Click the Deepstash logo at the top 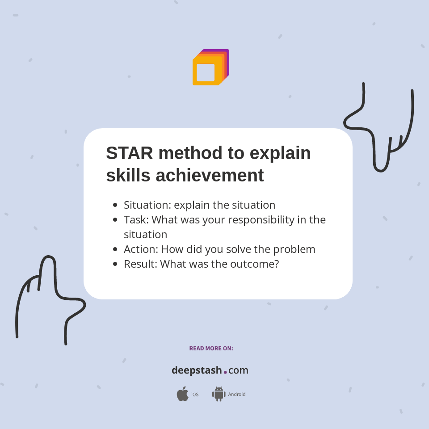click(x=210, y=67)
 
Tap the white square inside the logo click(x=206, y=72)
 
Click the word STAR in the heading click(x=130, y=153)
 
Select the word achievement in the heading click(x=210, y=175)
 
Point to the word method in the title click(x=190, y=153)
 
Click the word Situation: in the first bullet click(x=147, y=205)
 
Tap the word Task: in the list click(x=136, y=220)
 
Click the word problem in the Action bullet click(x=294, y=249)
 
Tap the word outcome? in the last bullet click(x=255, y=264)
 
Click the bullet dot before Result click(x=115, y=264)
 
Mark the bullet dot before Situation click(x=115, y=205)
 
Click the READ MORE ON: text click(x=211, y=348)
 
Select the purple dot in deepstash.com click(x=225, y=372)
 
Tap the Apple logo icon click(x=183, y=394)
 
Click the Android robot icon click(x=219, y=394)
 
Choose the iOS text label click(x=195, y=395)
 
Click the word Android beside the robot click(x=237, y=394)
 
